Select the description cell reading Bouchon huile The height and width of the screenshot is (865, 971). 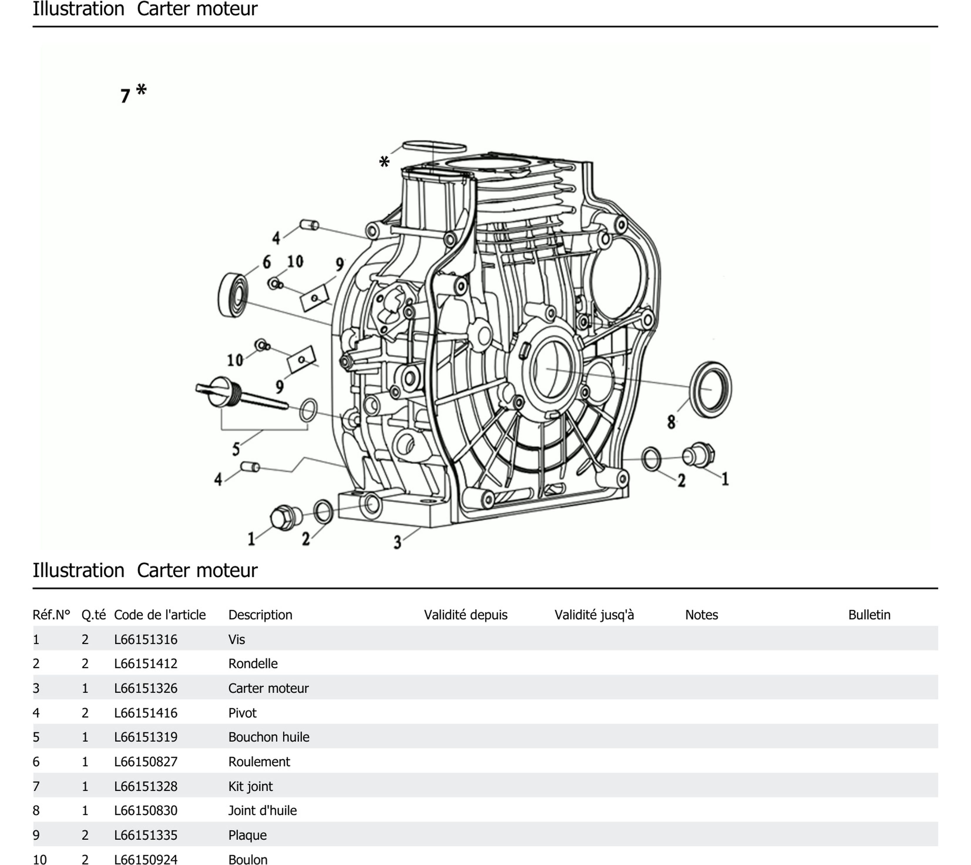pos(268,737)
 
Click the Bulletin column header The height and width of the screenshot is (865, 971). pos(869,615)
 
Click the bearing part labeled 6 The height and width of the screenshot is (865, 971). pos(233,295)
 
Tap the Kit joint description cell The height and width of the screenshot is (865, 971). pos(250,787)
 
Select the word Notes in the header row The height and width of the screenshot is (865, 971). pos(701,615)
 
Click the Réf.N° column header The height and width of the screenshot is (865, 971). pos(51,615)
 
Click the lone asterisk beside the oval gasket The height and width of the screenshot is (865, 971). pos(384,162)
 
